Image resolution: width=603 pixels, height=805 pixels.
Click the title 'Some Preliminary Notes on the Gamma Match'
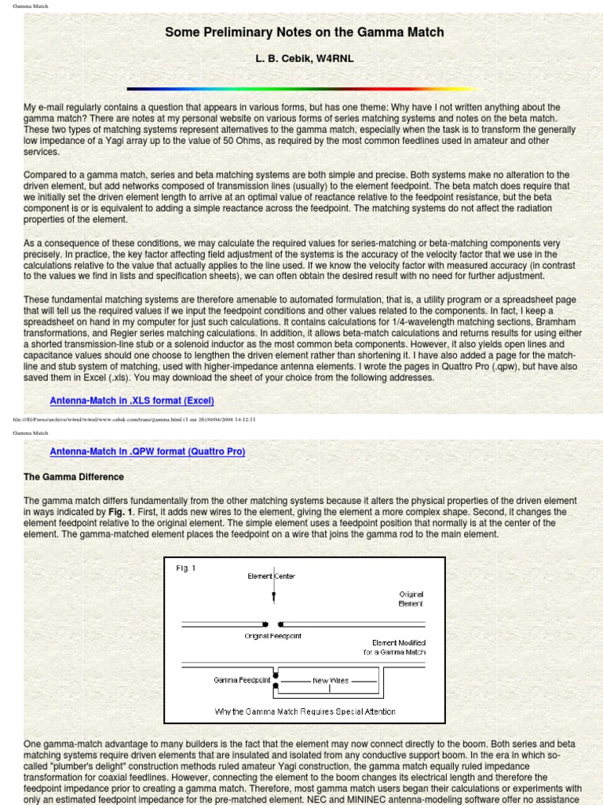[x=304, y=32]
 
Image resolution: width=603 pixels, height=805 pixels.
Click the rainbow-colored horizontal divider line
[x=304, y=89]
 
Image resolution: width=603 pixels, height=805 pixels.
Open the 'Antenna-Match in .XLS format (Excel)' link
[x=132, y=401]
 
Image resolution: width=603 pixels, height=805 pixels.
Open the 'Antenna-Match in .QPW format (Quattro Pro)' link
[x=148, y=451]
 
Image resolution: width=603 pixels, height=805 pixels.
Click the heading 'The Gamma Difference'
[x=74, y=477]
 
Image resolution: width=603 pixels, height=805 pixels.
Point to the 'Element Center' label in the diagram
[x=272, y=576]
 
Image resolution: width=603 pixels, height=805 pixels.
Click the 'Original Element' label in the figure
[x=411, y=599]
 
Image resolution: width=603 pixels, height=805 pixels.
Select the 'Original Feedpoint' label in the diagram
[x=272, y=635]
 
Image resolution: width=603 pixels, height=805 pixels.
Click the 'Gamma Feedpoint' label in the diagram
[x=241, y=679]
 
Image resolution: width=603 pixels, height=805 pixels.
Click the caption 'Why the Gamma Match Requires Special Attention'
[x=305, y=711]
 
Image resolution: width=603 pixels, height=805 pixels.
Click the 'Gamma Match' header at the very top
[x=30, y=6]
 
